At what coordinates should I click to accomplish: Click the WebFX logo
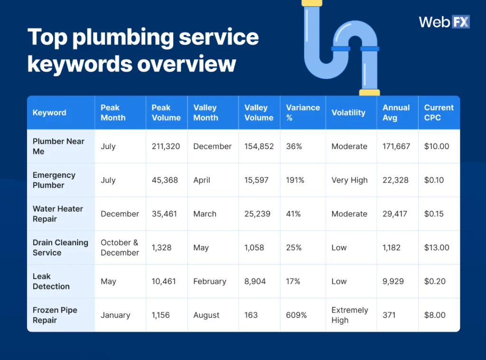tap(444, 22)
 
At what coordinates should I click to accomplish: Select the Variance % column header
tap(303, 112)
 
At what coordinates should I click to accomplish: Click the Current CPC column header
tap(439, 112)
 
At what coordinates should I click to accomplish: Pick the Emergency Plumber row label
tap(54, 180)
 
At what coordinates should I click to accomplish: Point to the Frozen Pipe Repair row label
tap(55, 315)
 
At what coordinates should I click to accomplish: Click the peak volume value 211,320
tap(166, 147)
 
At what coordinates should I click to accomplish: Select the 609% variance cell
tap(296, 315)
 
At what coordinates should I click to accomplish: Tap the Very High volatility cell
tap(349, 180)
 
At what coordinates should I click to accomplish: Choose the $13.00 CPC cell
tap(437, 248)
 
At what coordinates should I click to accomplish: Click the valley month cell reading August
tap(206, 315)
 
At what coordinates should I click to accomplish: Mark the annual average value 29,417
tap(395, 214)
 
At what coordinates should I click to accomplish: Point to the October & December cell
tap(120, 248)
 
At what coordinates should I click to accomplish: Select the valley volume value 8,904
tap(255, 281)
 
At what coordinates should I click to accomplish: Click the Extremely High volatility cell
tap(350, 315)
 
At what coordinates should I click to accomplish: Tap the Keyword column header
tap(49, 113)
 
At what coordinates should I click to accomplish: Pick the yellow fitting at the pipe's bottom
tap(369, 92)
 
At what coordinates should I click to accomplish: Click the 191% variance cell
tap(295, 180)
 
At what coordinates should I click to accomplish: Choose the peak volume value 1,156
tap(160, 315)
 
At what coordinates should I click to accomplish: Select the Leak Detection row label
tap(51, 281)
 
